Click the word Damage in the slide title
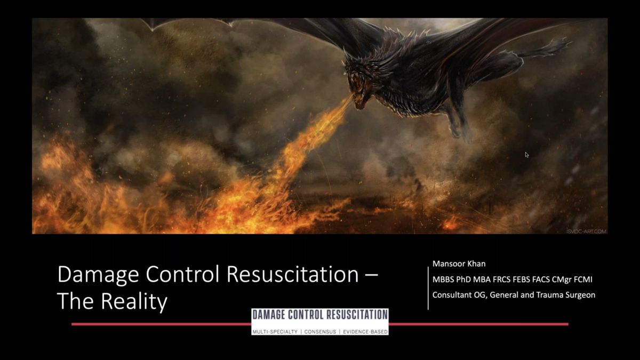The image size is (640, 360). [98, 275]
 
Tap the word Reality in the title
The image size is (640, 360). [134, 301]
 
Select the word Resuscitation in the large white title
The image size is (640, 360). [293, 274]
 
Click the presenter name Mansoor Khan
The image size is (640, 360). [459, 263]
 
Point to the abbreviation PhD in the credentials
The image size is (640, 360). [463, 279]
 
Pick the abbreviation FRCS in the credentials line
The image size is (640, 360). [501, 279]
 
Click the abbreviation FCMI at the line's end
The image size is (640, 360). [583, 279]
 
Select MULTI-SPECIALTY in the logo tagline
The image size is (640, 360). [275, 332]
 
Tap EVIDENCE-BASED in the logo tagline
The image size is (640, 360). [365, 332]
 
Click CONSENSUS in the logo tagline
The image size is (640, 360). [320, 332]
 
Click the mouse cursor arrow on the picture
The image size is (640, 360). [527, 155]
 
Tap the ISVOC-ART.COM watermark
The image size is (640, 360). [586, 231]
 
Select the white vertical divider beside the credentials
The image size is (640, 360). [428, 289]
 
